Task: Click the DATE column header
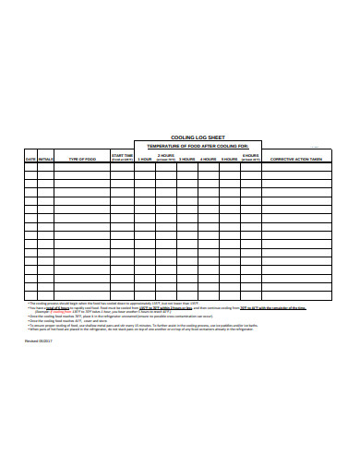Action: (30, 159)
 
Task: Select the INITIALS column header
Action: (45, 159)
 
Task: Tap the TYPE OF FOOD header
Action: (81, 159)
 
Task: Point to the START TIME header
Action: (122, 156)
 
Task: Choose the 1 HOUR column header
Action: (145, 159)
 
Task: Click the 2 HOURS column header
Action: (166, 157)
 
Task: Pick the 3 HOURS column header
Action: (187, 159)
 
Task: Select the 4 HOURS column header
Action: (209, 159)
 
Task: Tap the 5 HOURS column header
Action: (230, 159)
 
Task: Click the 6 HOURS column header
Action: (251, 157)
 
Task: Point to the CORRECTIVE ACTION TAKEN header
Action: (295, 159)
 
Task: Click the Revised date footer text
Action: (38, 341)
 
